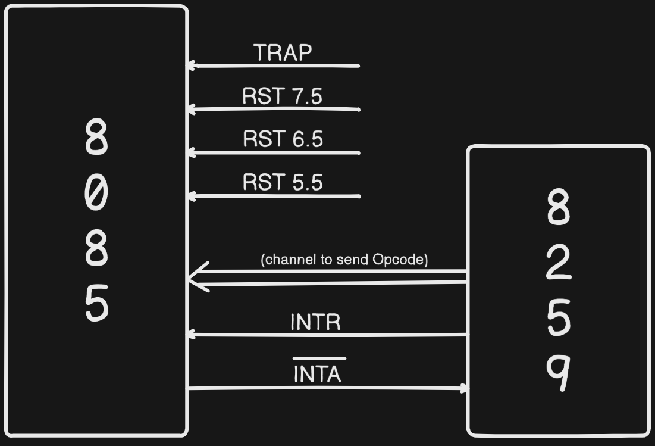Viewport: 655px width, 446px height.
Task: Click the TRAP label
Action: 283,53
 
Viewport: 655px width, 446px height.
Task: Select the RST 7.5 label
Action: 283,96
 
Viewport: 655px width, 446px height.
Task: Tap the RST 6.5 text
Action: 283,139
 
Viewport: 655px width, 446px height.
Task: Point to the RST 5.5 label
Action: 283,182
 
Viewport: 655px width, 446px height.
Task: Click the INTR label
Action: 315,322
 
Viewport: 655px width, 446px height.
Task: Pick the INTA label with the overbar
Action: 318,373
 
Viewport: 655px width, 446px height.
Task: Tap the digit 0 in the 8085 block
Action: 96,195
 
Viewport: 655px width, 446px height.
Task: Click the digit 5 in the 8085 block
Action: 96,303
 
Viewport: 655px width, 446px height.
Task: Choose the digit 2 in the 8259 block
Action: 558,264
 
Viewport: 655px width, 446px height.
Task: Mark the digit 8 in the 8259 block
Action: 558,208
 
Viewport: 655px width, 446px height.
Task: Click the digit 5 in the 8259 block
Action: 558,317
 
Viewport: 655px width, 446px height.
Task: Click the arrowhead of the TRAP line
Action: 192,66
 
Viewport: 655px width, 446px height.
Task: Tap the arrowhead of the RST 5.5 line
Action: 192,196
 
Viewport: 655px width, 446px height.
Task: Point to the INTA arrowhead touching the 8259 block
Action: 463,389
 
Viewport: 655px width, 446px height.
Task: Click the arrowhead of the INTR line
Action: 192,335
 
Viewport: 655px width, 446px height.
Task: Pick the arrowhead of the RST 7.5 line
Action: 192,109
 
